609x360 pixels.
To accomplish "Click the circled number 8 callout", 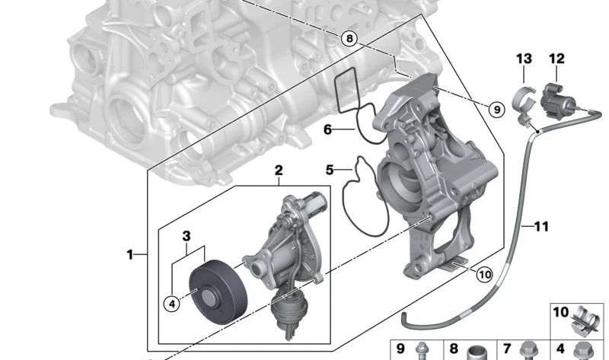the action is pos(349,39).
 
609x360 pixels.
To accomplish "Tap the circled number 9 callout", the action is pos(497,110).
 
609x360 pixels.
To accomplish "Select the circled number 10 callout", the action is pos(484,275).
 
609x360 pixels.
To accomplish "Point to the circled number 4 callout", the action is pos(172,304).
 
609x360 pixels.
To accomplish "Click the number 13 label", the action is pos(524,59).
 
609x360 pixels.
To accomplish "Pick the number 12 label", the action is pos(556,59).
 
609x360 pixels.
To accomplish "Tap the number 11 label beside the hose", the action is pos(541,226).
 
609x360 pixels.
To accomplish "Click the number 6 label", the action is pos(328,129).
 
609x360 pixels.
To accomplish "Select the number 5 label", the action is pos(330,170).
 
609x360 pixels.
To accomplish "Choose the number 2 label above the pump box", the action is pos(279,170).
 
